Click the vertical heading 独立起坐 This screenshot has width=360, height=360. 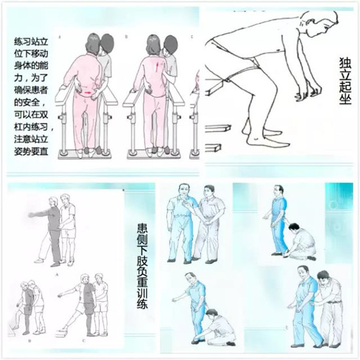click(x=345, y=81)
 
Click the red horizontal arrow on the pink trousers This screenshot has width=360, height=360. click(x=87, y=92)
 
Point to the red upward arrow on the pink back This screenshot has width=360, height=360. click(x=157, y=65)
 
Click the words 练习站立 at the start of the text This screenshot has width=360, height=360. click(x=31, y=42)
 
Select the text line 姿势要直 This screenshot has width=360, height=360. click(x=31, y=151)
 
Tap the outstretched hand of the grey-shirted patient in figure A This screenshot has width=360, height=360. click(x=31, y=215)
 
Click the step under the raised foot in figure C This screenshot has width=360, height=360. click(x=62, y=332)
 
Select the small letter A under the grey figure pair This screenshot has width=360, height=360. click(x=57, y=274)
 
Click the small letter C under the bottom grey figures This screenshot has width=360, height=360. click(x=84, y=341)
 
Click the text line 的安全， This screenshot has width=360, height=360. click(x=30, y=102)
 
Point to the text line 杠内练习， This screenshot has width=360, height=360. click(x=34, y=126)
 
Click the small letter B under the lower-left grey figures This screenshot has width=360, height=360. click(x=29, y=341)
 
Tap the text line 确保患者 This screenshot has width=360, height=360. click(x=31, y=90)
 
